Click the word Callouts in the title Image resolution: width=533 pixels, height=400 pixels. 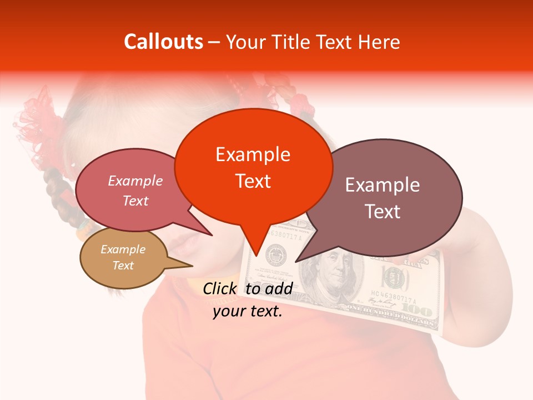(x=163, y=42)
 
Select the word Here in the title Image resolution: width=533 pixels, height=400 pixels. (x=379, y=42)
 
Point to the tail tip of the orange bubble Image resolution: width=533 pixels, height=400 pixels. (x=257, y=255)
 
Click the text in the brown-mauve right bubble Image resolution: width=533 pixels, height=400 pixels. (x=383, y=198)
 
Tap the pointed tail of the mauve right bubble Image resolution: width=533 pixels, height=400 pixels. (x=296, y=261)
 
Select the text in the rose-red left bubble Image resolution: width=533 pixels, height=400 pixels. (x=135, y=191)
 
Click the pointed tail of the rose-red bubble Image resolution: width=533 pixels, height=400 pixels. (x=212, y=235)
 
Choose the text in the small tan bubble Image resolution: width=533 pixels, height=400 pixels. (x=123, y=257)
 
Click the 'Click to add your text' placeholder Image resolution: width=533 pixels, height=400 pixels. (x=248, y=300)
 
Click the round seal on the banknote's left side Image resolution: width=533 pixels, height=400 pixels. (x=274, y=255)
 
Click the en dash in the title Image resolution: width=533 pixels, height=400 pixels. (x=214, y=42)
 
